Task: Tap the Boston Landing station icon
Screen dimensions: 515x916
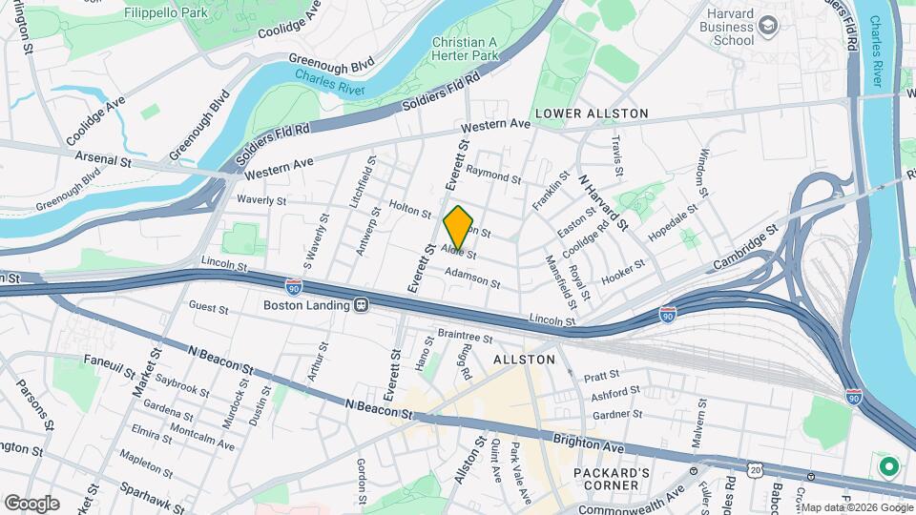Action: [x=362, y=305]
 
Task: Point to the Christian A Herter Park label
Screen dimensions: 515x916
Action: [x=465, y=50]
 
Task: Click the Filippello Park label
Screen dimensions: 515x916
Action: [x=165, y=14]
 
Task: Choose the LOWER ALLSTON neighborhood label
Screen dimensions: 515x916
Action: [x=592, y=113]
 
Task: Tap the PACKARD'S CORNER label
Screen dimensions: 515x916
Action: [x=612, y=480]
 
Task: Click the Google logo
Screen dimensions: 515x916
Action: [x=31, y=503]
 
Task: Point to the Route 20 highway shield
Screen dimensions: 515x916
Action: [x=756, y=470]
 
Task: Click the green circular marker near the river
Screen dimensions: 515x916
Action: [x=889, y=467]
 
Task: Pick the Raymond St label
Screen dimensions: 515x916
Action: [x=493, y=177]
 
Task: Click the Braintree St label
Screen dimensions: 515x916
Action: [x=464, y=337]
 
